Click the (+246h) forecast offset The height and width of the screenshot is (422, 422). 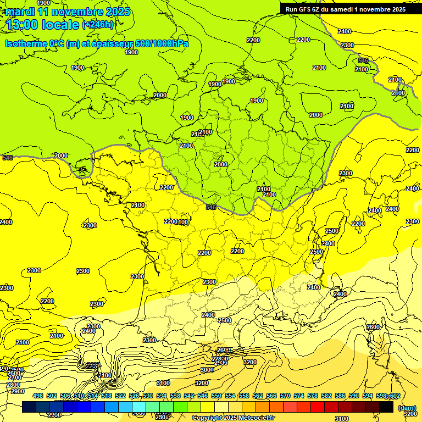[x=98, y=25]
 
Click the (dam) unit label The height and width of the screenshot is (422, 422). [x=406, y=408]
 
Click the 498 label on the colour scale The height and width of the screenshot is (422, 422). [x=38, y=396]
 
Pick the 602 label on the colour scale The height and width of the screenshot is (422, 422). [x=395, y=396]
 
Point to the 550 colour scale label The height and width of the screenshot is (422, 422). [x=216, y=396]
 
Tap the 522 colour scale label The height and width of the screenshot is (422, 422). [x=120, y=396]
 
